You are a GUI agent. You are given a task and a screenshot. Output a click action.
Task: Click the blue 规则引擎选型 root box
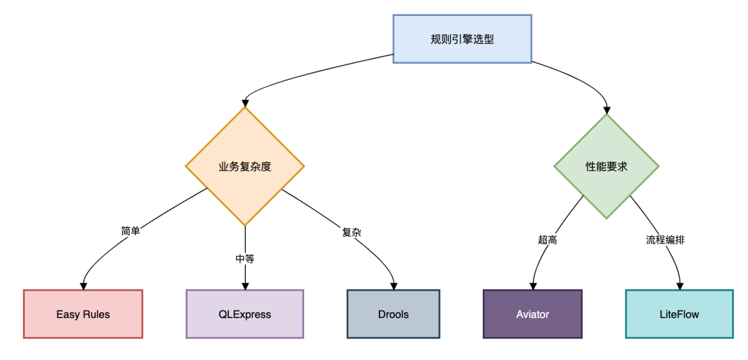point(462,39)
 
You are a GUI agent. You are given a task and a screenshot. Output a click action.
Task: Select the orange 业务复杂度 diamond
point(244,166)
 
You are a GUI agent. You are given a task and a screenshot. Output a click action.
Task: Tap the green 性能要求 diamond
point(607,166)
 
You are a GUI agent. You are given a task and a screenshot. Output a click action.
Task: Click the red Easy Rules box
point(83,314)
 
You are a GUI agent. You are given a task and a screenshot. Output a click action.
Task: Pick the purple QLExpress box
point(244,314)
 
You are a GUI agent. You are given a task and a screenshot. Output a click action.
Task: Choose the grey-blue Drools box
point(393,314)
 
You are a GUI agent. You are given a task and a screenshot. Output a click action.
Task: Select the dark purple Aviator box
point(533,314)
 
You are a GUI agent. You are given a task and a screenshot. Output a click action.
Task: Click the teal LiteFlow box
point(679,314)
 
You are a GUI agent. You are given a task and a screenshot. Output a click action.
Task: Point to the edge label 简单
point(130,231)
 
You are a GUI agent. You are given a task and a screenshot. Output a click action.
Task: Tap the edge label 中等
point(244,258)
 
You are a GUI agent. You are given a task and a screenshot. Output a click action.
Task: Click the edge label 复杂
point(352,233)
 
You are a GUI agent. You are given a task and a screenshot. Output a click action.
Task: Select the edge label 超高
point(547,240)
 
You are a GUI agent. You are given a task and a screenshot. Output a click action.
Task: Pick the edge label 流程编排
point(666,240)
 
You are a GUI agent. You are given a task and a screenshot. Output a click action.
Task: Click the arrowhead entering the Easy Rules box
point(84,285)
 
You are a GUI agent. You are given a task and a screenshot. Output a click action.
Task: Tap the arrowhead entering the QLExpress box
point(244,285)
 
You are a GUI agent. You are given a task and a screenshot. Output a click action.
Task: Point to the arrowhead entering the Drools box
point(393,285)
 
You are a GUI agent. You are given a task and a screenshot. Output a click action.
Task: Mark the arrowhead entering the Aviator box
point(533,285)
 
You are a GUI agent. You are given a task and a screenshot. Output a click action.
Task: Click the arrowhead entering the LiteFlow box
point(679,285)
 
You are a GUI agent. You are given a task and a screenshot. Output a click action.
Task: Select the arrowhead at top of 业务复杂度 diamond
point(244,102)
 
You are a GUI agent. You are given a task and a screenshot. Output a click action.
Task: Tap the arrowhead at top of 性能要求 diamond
point(607,109)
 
